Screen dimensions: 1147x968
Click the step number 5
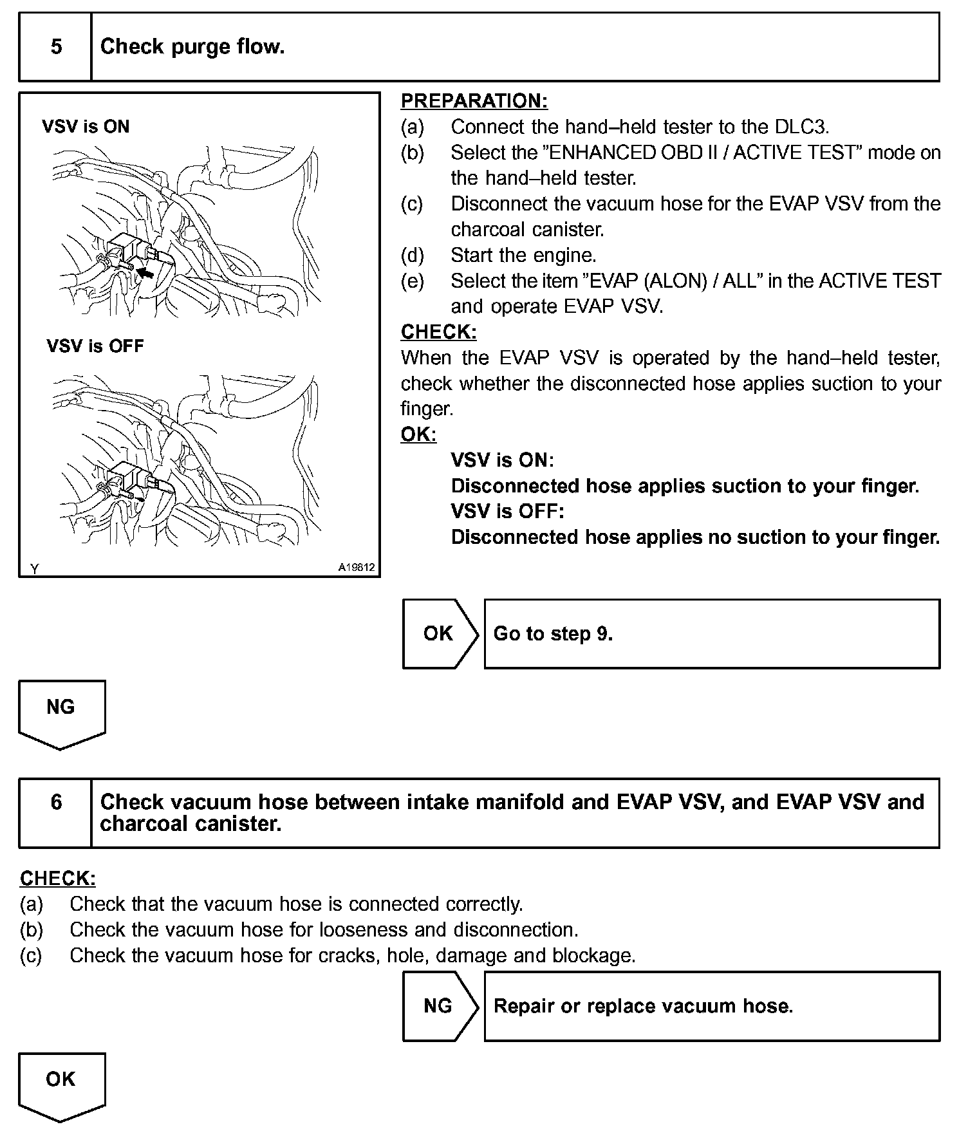(x=56, y=47)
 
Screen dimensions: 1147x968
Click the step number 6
(x=56, y=802)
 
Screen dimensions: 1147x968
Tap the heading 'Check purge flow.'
(x=192, y=47)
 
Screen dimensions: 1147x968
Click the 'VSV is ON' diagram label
(x=86, y=127)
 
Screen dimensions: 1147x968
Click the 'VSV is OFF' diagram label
(x=95, y=346)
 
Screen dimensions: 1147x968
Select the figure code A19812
(x=357, y=568)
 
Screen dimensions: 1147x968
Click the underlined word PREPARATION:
(x=474, y=101)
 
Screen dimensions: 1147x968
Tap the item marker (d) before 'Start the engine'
(x=412, y=256)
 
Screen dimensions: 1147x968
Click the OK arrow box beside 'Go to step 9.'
(x=438, y=634)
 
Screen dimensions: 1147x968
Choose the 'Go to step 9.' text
(x=553, y=634)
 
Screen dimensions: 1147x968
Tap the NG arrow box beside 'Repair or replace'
(x=438, y=1005)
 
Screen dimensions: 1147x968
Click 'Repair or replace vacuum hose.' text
(x=643, y=1005)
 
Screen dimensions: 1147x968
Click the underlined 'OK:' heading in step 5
(x=418, y=435)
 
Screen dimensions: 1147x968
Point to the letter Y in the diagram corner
(x=35, y=568)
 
